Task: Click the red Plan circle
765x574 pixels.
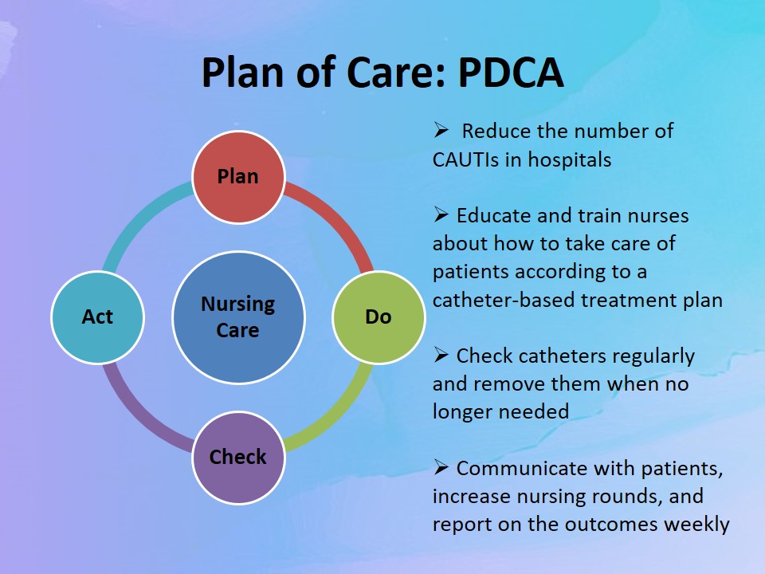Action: click(238, 177)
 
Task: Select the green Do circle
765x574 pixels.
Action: click(379, 317)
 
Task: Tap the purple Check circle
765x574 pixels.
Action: click(238, 458)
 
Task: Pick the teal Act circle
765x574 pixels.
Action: click(97, 317)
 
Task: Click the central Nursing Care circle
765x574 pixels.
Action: click(238, 317)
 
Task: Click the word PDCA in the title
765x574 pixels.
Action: click(511, 73)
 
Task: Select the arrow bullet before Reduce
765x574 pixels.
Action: click(441, 130)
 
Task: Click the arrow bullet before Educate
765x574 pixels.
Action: click(441, 214)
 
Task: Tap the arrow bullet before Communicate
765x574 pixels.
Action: click(441, 467)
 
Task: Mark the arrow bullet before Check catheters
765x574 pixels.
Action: click(441, 355)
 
